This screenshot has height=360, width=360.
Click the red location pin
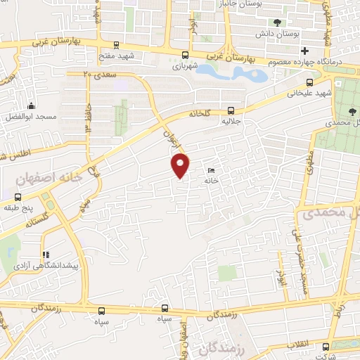[x=181, y=165]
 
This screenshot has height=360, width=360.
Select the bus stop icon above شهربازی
[x=185, y=55]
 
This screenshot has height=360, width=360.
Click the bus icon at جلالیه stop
[x=231, y=110]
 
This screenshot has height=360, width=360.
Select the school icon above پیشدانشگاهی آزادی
[x=46, y=255]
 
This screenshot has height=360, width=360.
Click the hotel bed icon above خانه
[x=212, y=170]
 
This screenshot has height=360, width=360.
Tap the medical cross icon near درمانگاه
[x=304, y=50]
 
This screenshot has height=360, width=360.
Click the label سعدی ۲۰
[x=98, y=72]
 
